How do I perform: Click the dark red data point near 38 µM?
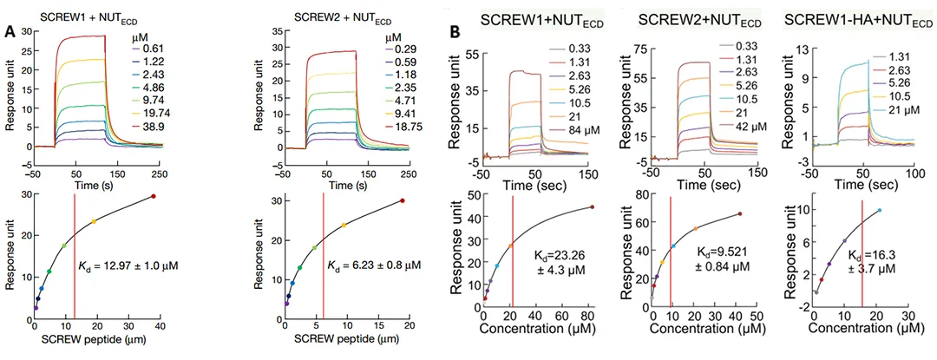click(154, 197)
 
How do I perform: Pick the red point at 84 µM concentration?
click(593, 206)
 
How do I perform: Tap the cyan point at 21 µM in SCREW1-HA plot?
click(878, 210)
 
